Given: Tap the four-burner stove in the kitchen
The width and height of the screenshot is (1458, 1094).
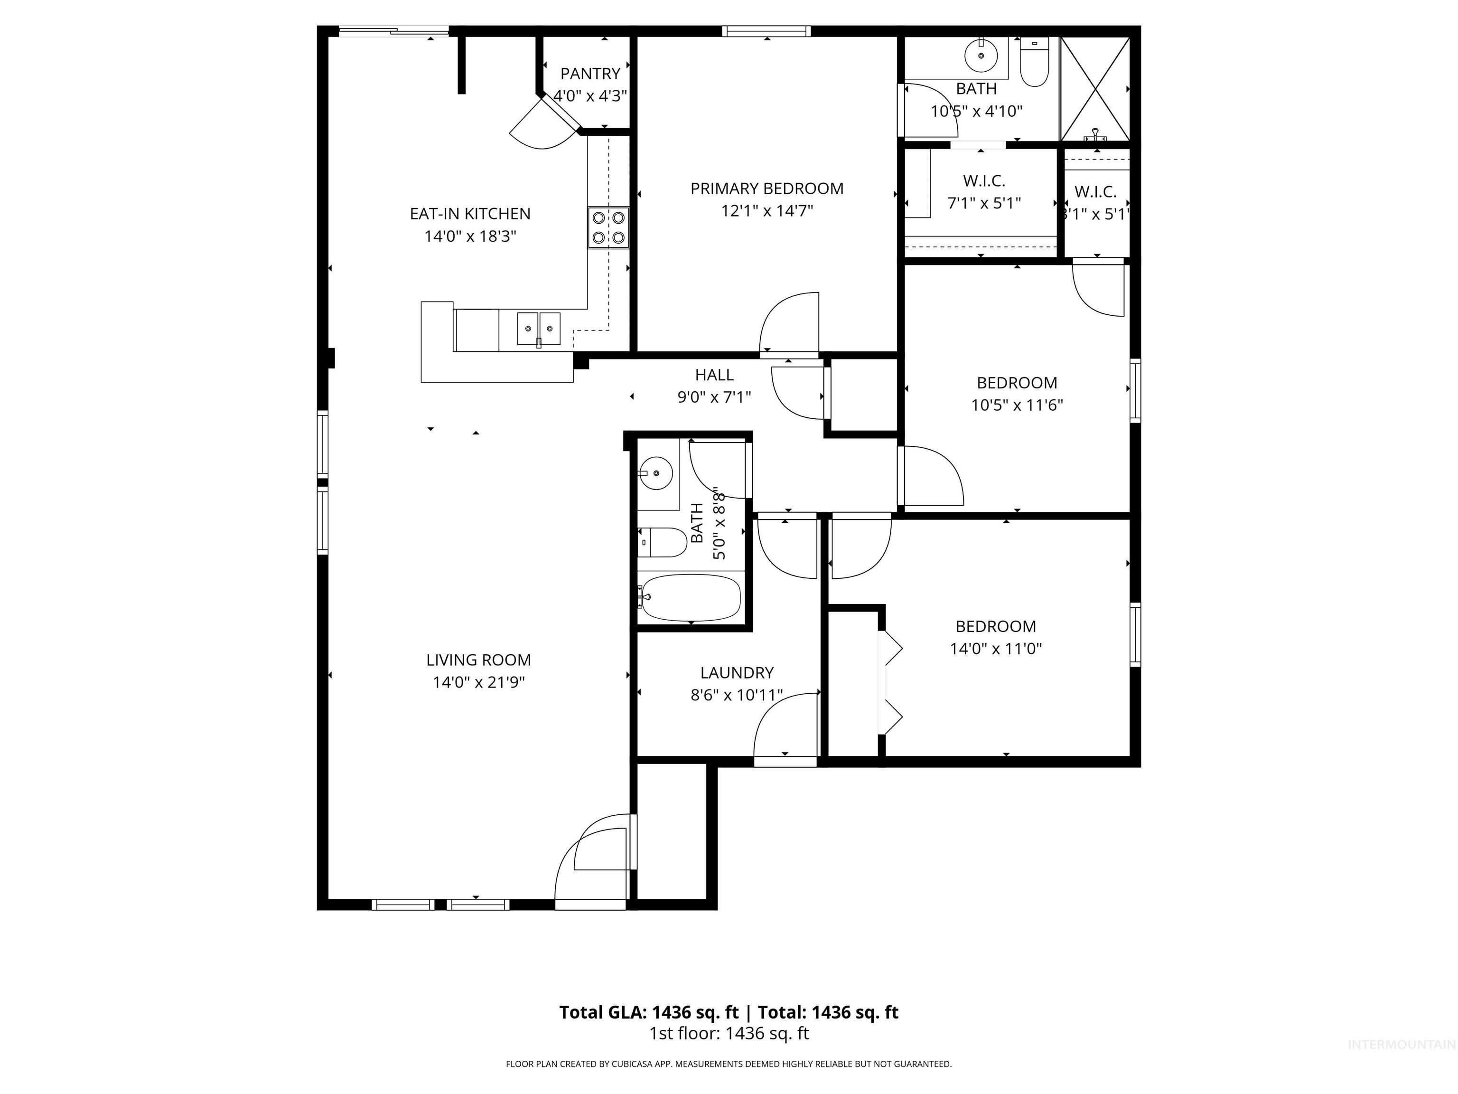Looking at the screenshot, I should point(607,227).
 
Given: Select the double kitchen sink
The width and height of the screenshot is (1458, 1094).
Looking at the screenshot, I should point(539,329).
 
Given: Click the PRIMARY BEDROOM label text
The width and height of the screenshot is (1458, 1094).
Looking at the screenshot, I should point(766,189).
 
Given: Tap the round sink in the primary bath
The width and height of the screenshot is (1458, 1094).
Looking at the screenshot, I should point(981,56).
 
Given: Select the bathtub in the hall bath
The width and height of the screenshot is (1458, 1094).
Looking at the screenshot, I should point(691,597).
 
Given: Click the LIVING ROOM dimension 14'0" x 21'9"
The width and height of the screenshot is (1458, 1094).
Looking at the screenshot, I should point(478,682).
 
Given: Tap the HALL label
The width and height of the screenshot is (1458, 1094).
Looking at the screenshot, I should point(714,375).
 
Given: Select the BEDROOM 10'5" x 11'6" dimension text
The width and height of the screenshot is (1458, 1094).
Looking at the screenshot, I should point(1017,405).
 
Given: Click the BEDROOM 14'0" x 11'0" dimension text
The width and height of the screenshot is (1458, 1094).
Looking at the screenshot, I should point(995,648).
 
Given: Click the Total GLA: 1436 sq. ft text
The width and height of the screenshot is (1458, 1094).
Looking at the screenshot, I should point(649,1012).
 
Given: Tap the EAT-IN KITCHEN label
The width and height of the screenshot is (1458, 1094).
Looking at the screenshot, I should point(470,214).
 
